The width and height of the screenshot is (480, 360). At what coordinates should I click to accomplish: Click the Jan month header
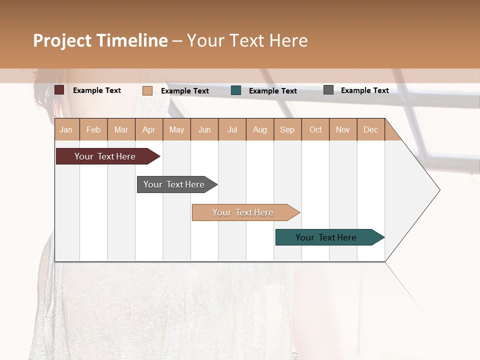pos(66,130)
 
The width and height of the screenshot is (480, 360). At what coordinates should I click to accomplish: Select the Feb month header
pos(93,130)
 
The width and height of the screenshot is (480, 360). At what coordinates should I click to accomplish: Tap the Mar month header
pos(121,130)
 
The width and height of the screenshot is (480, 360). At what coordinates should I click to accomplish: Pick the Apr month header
pos(148,130)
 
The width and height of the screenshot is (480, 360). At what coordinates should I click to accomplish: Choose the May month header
pos(176,130)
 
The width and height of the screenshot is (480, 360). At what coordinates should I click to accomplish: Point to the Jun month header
pos(204,130)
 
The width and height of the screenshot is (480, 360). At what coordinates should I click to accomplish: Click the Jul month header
pos(232,130)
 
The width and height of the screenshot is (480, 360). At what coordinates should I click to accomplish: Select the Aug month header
pos(259,130)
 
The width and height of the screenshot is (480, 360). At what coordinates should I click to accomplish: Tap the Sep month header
pos(287,130)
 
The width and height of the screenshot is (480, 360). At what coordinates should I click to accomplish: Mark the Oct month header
pos(315,130)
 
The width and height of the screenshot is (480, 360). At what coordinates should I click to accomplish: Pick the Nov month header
pos(343,130)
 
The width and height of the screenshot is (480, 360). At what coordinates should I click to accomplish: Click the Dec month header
pos(370,130)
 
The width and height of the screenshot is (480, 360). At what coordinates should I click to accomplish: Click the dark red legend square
pos(59,90)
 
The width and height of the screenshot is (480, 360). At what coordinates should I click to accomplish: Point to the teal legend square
pos(236,90)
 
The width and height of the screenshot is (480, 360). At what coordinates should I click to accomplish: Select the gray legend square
pos(328,90)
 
